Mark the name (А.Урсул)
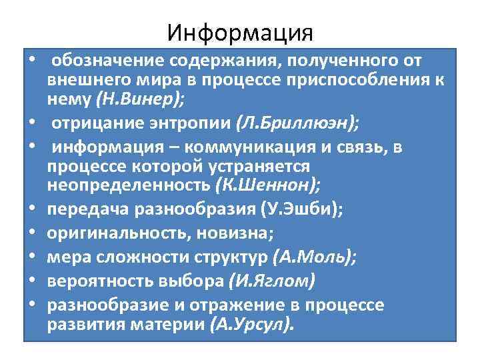(250, 325)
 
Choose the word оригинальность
(113, 233)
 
